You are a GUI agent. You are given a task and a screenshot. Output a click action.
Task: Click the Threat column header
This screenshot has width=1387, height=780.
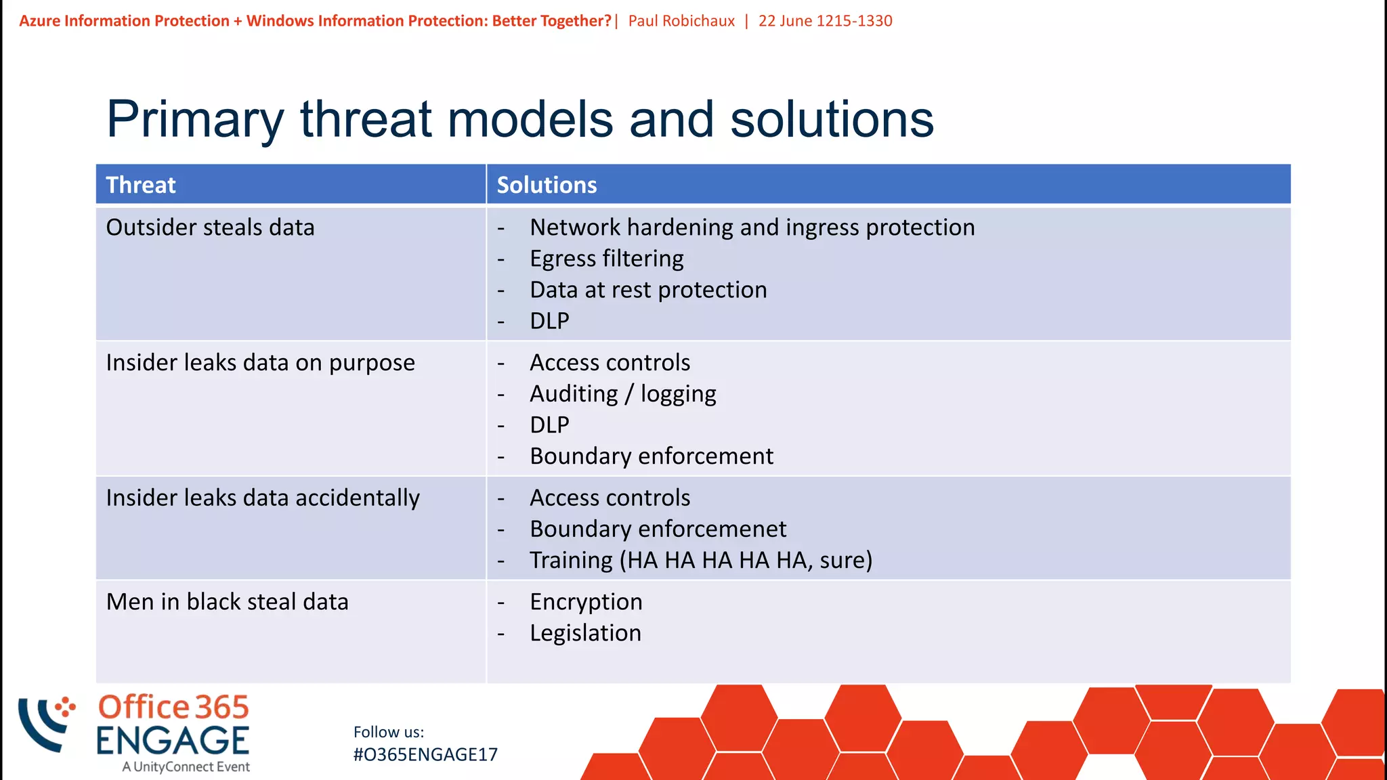[141, 185]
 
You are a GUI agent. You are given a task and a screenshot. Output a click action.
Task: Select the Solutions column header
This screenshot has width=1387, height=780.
[547, 185]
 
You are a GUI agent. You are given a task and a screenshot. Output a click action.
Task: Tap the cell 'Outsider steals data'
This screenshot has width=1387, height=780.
[210, 227]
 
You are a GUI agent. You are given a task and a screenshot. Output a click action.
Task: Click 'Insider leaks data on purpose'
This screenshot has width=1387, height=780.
[260, 363]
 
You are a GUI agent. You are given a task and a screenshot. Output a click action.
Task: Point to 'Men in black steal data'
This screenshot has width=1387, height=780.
[227, 602]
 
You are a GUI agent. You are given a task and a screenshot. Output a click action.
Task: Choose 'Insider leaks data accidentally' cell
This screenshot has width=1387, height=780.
[263, 498]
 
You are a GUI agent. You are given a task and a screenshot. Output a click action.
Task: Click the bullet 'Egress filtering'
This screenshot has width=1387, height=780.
[606, 259]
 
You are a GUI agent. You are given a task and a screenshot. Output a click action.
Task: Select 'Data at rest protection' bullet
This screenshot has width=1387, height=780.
[648, 290]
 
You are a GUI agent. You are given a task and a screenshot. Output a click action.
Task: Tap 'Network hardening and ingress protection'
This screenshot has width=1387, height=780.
[752, 227]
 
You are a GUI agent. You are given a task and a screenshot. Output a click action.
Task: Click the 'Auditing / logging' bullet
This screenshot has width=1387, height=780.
[622, 394]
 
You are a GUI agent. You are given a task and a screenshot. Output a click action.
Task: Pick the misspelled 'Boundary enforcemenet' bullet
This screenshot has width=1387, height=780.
[658, 529]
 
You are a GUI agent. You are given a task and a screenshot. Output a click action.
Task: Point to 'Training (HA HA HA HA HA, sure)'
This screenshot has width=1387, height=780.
[701, 561]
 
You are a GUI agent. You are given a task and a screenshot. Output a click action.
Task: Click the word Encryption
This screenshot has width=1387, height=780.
[586, 602]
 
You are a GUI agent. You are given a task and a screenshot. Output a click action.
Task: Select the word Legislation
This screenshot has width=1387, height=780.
[585, 633]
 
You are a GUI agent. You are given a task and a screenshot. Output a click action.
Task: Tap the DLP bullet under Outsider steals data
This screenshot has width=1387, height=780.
[549, 321]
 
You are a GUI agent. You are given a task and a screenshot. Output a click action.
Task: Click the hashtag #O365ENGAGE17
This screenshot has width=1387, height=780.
[425, 754]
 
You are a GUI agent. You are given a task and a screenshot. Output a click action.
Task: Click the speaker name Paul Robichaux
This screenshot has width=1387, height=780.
[681, 21]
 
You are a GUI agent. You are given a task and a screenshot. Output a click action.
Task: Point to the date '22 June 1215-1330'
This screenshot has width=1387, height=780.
[825, 21]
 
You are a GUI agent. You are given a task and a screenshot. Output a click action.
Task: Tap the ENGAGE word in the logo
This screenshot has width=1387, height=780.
[173, 740]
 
